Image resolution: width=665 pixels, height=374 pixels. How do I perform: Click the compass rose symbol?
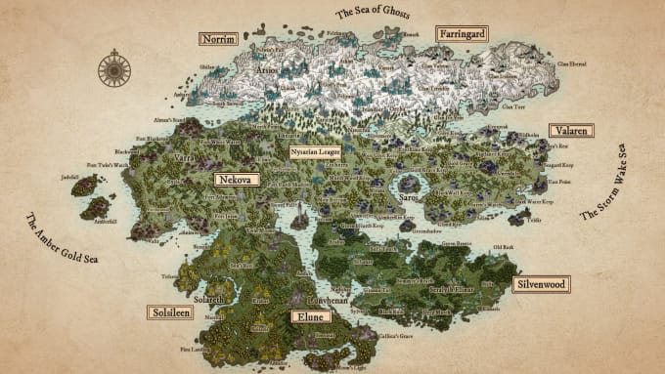click(x=114, y=69)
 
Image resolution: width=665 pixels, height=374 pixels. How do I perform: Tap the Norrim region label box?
click(x=217, y=39)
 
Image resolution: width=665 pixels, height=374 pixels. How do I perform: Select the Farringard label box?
click(x=462, y=32)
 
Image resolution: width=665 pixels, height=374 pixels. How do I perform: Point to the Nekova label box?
click(x=236, y=180)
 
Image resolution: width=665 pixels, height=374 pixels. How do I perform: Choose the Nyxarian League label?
click(x=315, y=152)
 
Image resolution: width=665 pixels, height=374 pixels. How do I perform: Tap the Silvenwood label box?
click(x=541, y=283)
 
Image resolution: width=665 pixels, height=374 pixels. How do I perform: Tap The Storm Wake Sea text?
click(x=605, y=185)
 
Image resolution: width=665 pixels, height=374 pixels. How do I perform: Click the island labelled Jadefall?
click(x=85, y=185)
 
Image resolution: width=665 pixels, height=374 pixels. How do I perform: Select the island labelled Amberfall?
click(x=96, y=207)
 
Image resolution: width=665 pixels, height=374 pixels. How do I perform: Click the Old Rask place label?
click(x=502, y=247)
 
